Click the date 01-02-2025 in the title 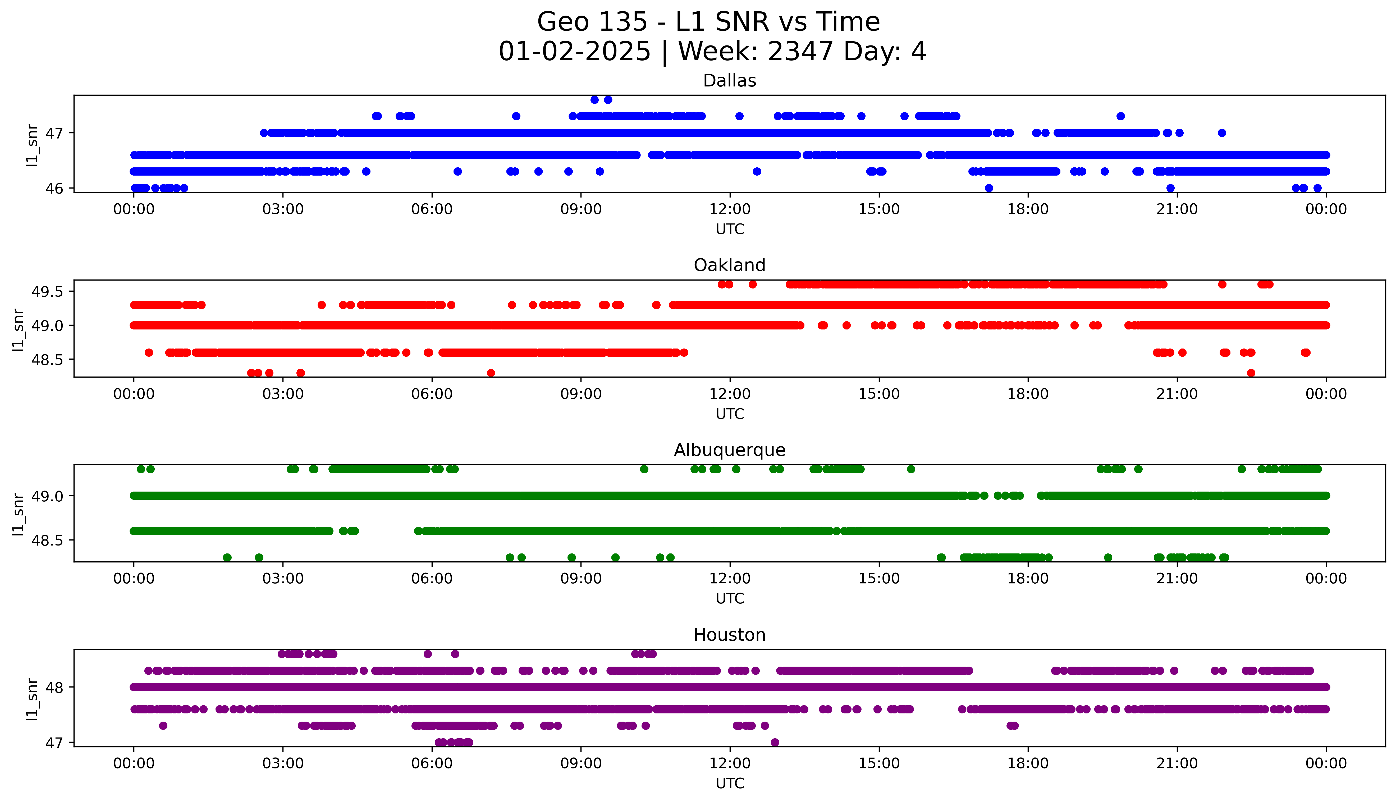pos(574,52)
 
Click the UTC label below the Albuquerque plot pos(730,598)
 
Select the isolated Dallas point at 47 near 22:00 pos(1222,133)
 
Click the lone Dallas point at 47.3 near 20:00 pos(1121,116)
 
